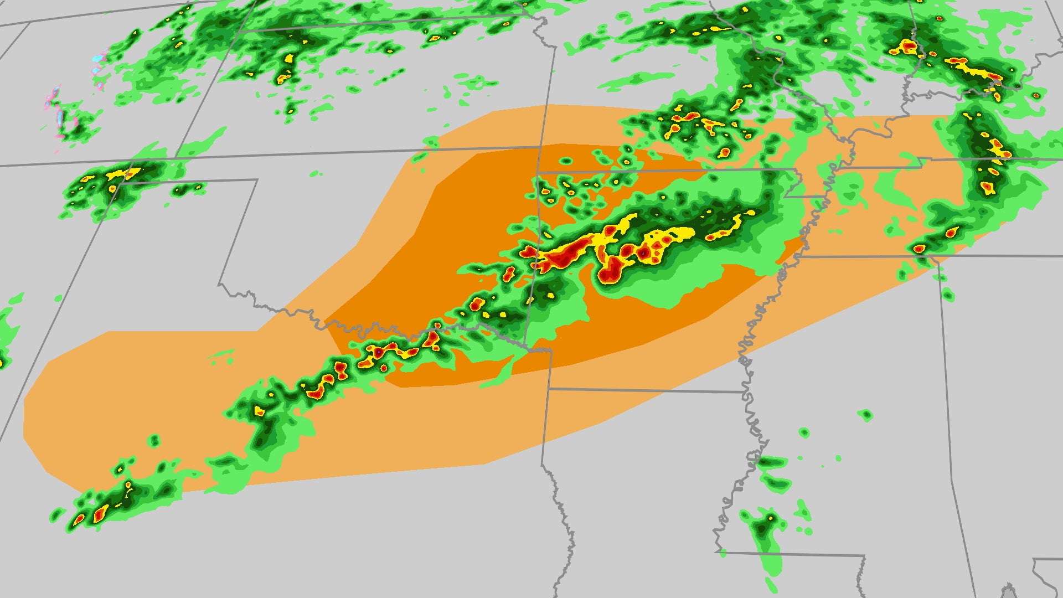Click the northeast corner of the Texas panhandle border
pyautogui.click(x=257, y=179)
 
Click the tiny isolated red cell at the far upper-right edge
pyautogui.click(x=1036, y=95)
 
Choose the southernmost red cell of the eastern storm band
pyautogui.click(x=919, y=249)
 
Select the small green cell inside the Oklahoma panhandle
pyautogui.click(x=183, y=190)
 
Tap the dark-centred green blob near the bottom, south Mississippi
pyautogui.click(x=764, y=526)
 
